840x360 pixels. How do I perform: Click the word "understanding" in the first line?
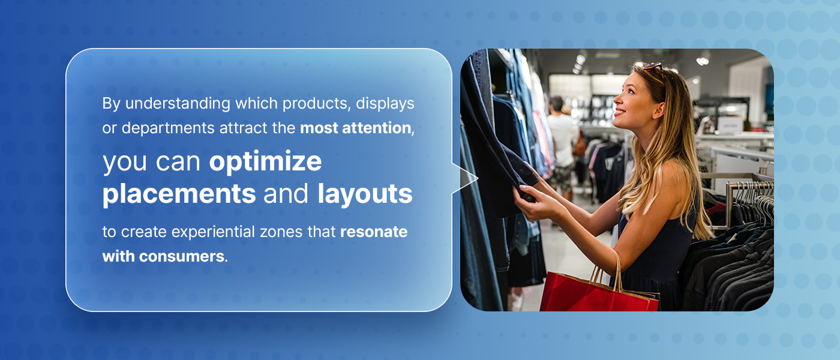click(178, 104)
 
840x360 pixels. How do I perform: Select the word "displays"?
click(385, 104)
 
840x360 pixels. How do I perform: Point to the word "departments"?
click(168, 128)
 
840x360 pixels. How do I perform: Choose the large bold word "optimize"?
click(265, 162)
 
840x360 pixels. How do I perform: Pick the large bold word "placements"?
click(179, 194)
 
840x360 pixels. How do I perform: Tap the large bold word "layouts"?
click(365, 194)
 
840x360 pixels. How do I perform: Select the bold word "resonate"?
click(373, 232)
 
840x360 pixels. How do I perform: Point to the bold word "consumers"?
click(181, 257)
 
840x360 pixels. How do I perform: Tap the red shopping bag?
click(599, 292)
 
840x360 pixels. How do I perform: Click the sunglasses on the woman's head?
click(655, 69)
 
